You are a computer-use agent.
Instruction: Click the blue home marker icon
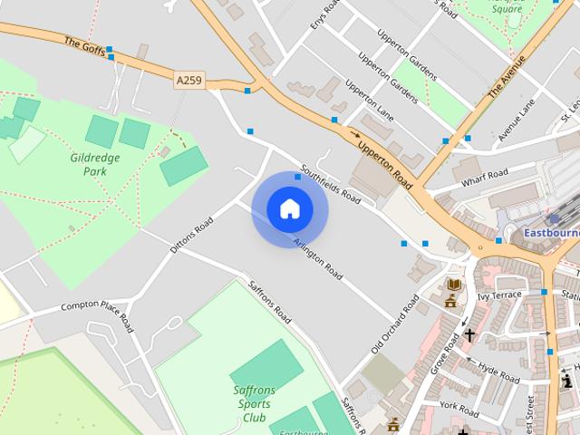[x=289, y=208]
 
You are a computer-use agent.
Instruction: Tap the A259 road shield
[x=189, y=81]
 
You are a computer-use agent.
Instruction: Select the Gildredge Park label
[x=95, y=163]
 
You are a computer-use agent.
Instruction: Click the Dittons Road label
[x=191, y=234]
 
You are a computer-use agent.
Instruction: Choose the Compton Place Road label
[x=97, y=305]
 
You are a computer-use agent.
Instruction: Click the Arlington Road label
[x=318, y=257]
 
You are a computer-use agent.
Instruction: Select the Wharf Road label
[x=484, y=178]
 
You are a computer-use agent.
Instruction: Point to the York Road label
[x=458, y=404]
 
